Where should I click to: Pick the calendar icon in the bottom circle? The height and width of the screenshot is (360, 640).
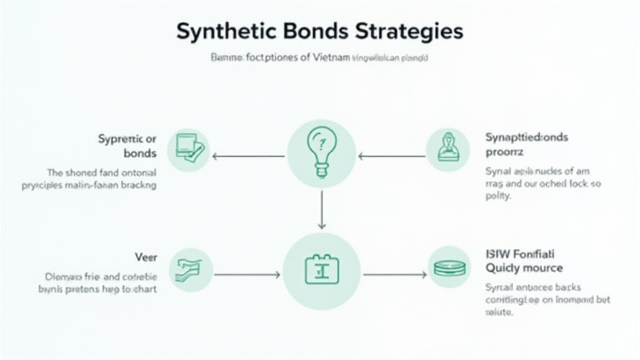pos(321,270)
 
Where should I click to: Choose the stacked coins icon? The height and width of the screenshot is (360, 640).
pos(449,267)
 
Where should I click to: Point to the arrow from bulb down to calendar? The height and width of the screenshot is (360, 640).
pos(321,209)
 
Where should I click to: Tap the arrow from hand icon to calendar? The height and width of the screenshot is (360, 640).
pos(247,274)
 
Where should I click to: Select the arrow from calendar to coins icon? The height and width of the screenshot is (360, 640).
pos(395,274)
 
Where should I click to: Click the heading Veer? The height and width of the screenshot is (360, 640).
pos(146,257)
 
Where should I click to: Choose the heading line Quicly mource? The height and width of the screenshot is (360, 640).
pos(524,268)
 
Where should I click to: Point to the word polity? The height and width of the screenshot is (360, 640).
pos(498,196)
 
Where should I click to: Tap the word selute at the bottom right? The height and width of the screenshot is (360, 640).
pos(499,312)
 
